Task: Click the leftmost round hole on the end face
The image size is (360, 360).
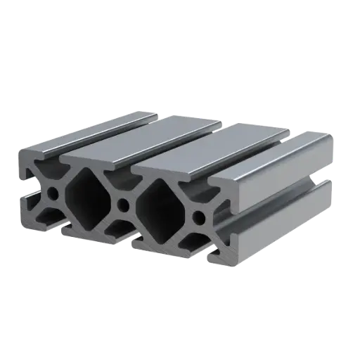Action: click(x=53, y=192)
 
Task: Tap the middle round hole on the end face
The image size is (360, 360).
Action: click(x=124, y=205)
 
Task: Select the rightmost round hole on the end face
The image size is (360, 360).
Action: click(x=200, y=217)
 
